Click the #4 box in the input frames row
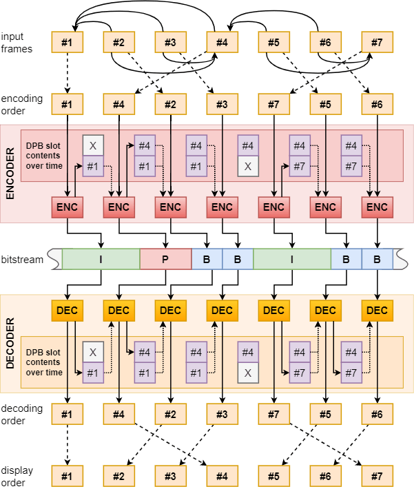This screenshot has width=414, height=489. click(x=222, y=43)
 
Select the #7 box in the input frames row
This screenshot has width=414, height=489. click(x=377, y=43)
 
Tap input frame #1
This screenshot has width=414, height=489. click(x=67, y=43)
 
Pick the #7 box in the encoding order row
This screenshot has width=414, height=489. click(x=273, y=105)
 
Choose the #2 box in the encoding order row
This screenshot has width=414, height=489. click(x=170, y=105)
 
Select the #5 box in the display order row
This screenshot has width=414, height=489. click(x=273, y=476)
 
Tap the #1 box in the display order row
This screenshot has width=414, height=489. click(x=67, y=476)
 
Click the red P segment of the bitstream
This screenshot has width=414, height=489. click(x=165, y=259)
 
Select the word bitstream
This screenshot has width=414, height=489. click(x=22, y=260)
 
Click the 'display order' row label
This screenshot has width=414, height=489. click(x=17, y=475)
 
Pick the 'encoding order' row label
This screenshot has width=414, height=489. click(x=21, y=105)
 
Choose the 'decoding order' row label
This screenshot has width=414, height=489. click(x=21, y=414)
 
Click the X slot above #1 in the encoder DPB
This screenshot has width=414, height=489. click(x=93, y=146)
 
